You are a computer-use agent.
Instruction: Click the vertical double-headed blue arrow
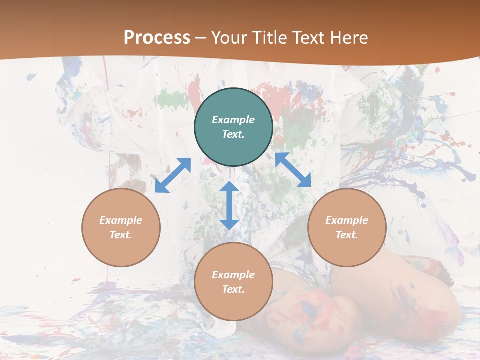tap(229, 205)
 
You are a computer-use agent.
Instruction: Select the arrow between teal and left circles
tap(173, 175)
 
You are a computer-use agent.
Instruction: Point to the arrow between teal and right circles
tap(293, 170)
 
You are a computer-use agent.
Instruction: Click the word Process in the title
tap(157, 37)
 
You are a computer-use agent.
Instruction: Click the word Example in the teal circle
tap(233, 120)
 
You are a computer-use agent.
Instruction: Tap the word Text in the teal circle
tap(233, 134)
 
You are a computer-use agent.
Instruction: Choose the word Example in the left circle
tap(121, 220)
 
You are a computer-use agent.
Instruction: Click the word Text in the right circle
tap(347, 235)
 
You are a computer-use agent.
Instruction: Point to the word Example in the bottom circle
tap(233, 275)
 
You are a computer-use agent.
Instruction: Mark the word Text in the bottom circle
tap(233, 289)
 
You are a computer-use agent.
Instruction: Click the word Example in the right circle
tap(347, 220)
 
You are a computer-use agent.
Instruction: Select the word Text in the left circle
tap(121, 235)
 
